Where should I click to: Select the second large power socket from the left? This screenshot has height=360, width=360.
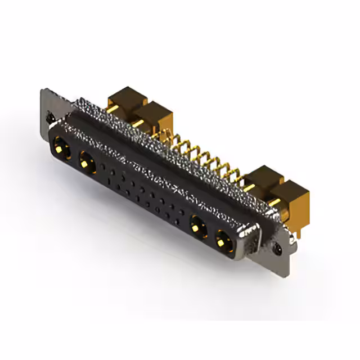click(86, 163)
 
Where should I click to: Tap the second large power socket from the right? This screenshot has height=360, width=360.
click(196, 228)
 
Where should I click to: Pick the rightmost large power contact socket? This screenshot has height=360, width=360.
click(223, 242)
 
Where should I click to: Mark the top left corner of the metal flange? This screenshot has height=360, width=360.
click(43, 90)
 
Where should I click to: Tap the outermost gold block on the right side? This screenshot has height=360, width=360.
click(292, 197)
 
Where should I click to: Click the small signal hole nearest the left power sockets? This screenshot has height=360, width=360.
click(104, 167)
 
